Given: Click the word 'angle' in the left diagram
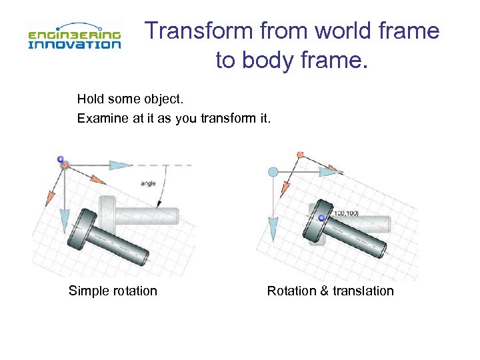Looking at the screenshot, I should coord(148,183).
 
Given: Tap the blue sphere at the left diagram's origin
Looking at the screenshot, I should coord(61,159).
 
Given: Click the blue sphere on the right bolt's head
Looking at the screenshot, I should coord(321,218).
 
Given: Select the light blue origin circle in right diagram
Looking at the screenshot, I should coord(273,172).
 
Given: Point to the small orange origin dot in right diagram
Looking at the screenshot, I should coord(300,155).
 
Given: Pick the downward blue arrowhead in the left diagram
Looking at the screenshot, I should coord(64,219).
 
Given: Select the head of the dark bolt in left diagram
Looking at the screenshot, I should coord(87,226).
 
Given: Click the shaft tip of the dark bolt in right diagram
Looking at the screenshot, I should coord(381,251).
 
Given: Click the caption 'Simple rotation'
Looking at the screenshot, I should coord(113,291).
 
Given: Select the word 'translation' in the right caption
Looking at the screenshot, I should coord(363,291).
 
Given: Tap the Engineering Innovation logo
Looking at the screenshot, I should coord(74,36).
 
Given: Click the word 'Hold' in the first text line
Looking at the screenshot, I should coord(90,99).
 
